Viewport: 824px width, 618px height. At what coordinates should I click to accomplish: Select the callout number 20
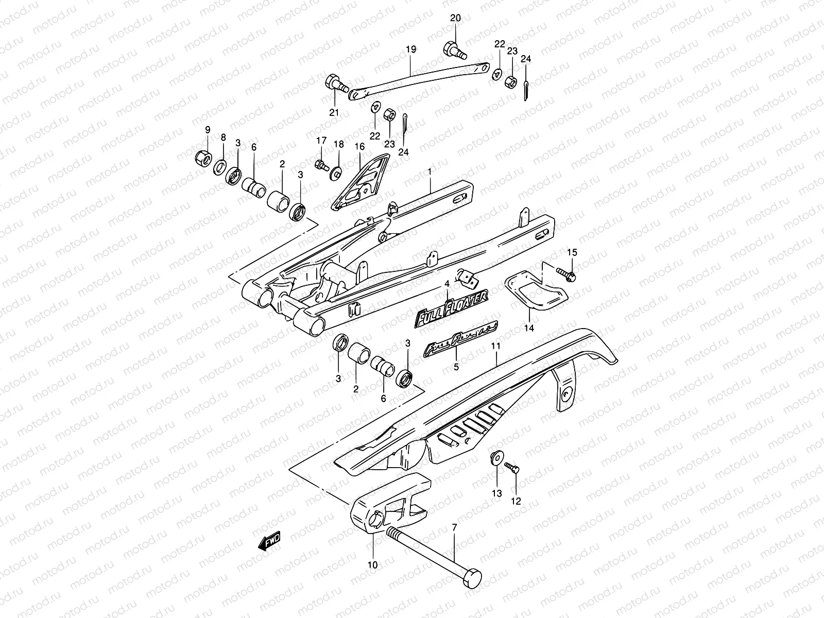coord(455,19)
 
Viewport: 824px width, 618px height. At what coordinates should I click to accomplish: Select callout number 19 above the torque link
coord(410,50)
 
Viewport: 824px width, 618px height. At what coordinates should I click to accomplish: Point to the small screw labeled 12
coord(512,467)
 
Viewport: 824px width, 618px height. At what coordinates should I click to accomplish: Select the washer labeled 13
coord(496,458)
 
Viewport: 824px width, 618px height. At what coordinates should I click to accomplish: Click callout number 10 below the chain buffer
coord(373,565)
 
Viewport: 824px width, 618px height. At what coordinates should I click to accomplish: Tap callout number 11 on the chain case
coord(495,347)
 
